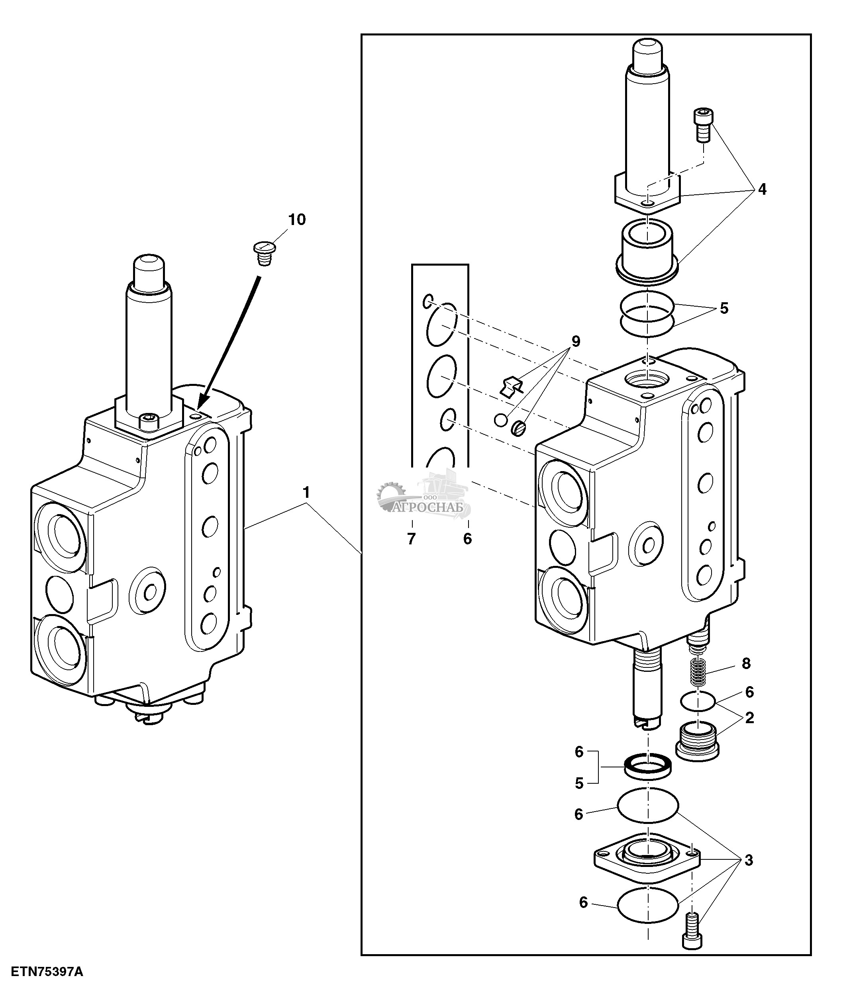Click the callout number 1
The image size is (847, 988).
pos(307,492)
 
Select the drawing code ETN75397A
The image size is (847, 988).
pos(47,972)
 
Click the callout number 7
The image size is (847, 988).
pos(411,539)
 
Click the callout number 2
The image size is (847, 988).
pos(749,718)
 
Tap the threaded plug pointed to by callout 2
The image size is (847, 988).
pos(697,748)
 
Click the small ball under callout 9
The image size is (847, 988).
pos(500,420)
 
